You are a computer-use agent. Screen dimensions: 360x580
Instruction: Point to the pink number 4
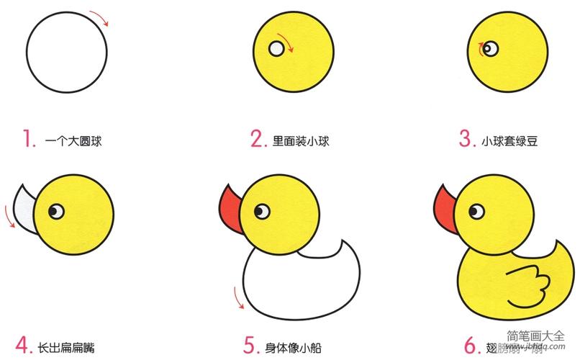(23, 344)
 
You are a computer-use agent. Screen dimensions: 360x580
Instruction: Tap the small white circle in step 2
(277, 49)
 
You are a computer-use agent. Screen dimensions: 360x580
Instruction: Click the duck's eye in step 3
(490, 48)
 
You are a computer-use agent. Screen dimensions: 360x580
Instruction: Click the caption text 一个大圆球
(73, 141)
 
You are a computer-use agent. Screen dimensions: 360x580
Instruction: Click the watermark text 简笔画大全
(537, 335)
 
